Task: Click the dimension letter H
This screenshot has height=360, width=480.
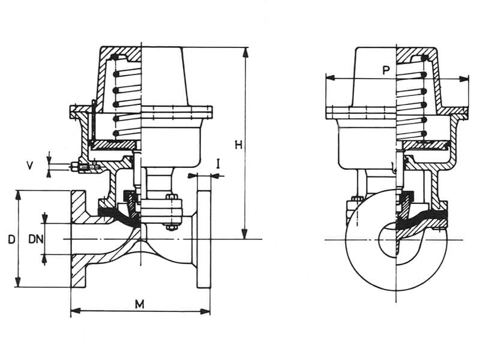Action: [238, 145]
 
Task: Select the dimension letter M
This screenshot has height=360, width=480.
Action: [140, 304]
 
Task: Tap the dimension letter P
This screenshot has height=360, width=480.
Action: [387, 71]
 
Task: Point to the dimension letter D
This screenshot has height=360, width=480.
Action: [11, 240]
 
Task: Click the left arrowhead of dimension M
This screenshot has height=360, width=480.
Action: [73, 311]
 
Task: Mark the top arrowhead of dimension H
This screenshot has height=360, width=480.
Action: [245, 50]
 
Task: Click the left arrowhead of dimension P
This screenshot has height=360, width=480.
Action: [328, 77]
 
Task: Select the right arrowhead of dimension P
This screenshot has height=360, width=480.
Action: [466, 77]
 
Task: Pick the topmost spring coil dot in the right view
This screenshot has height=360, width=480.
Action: [424, 58]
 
